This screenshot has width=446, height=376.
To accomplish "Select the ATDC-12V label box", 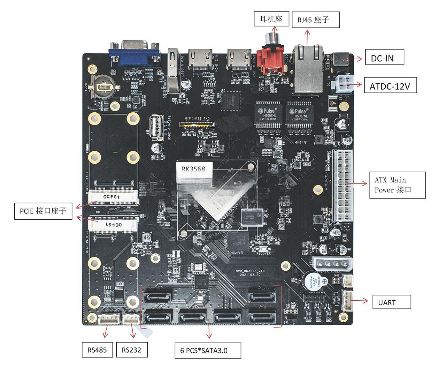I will coord(390,85).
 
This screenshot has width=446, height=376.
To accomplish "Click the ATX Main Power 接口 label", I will coord(397,185).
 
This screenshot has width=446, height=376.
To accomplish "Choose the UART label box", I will coord(392,302).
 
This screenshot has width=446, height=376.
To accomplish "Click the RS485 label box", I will coord(98,349).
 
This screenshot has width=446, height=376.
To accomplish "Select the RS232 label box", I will coord(132,349).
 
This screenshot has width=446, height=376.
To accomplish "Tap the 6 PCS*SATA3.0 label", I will coord(208,350).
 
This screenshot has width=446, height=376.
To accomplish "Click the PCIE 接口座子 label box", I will coord(43,211).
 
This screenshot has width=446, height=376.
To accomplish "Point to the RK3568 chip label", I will coord(193,169).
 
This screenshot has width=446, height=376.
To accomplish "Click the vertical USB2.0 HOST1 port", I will coord(156,127).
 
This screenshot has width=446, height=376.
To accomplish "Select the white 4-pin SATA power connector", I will coord(332,263).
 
